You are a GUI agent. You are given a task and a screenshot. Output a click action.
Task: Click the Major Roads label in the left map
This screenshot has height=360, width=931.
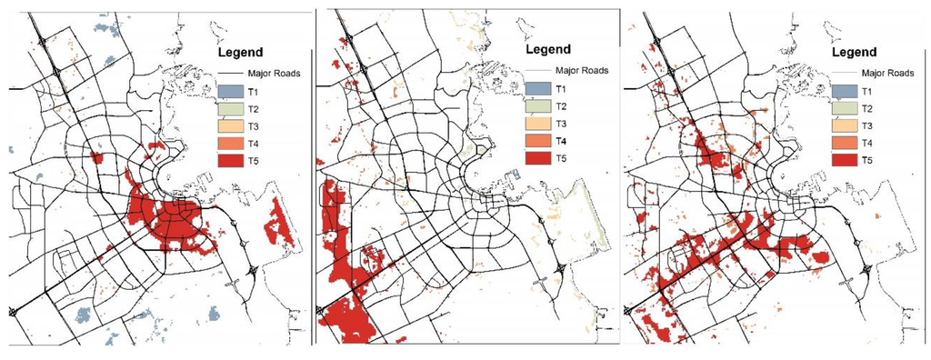click(275, 73)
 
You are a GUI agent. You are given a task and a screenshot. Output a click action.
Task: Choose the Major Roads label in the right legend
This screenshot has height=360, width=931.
click(886, 71)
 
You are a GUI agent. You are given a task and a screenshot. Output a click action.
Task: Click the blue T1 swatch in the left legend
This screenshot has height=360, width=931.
click(232, 92)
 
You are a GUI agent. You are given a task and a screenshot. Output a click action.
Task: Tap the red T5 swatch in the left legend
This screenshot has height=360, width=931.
click(232, 161)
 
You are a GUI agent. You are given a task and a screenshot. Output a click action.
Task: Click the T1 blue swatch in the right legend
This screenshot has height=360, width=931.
click(845, 91)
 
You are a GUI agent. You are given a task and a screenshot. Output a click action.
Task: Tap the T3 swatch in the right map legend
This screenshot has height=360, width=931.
click(845, 125)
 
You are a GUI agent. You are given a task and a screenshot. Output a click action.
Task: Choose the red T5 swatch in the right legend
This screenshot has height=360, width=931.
click(845, 160)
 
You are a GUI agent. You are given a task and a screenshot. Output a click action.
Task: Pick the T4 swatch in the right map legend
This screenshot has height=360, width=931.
click(845, 143)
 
